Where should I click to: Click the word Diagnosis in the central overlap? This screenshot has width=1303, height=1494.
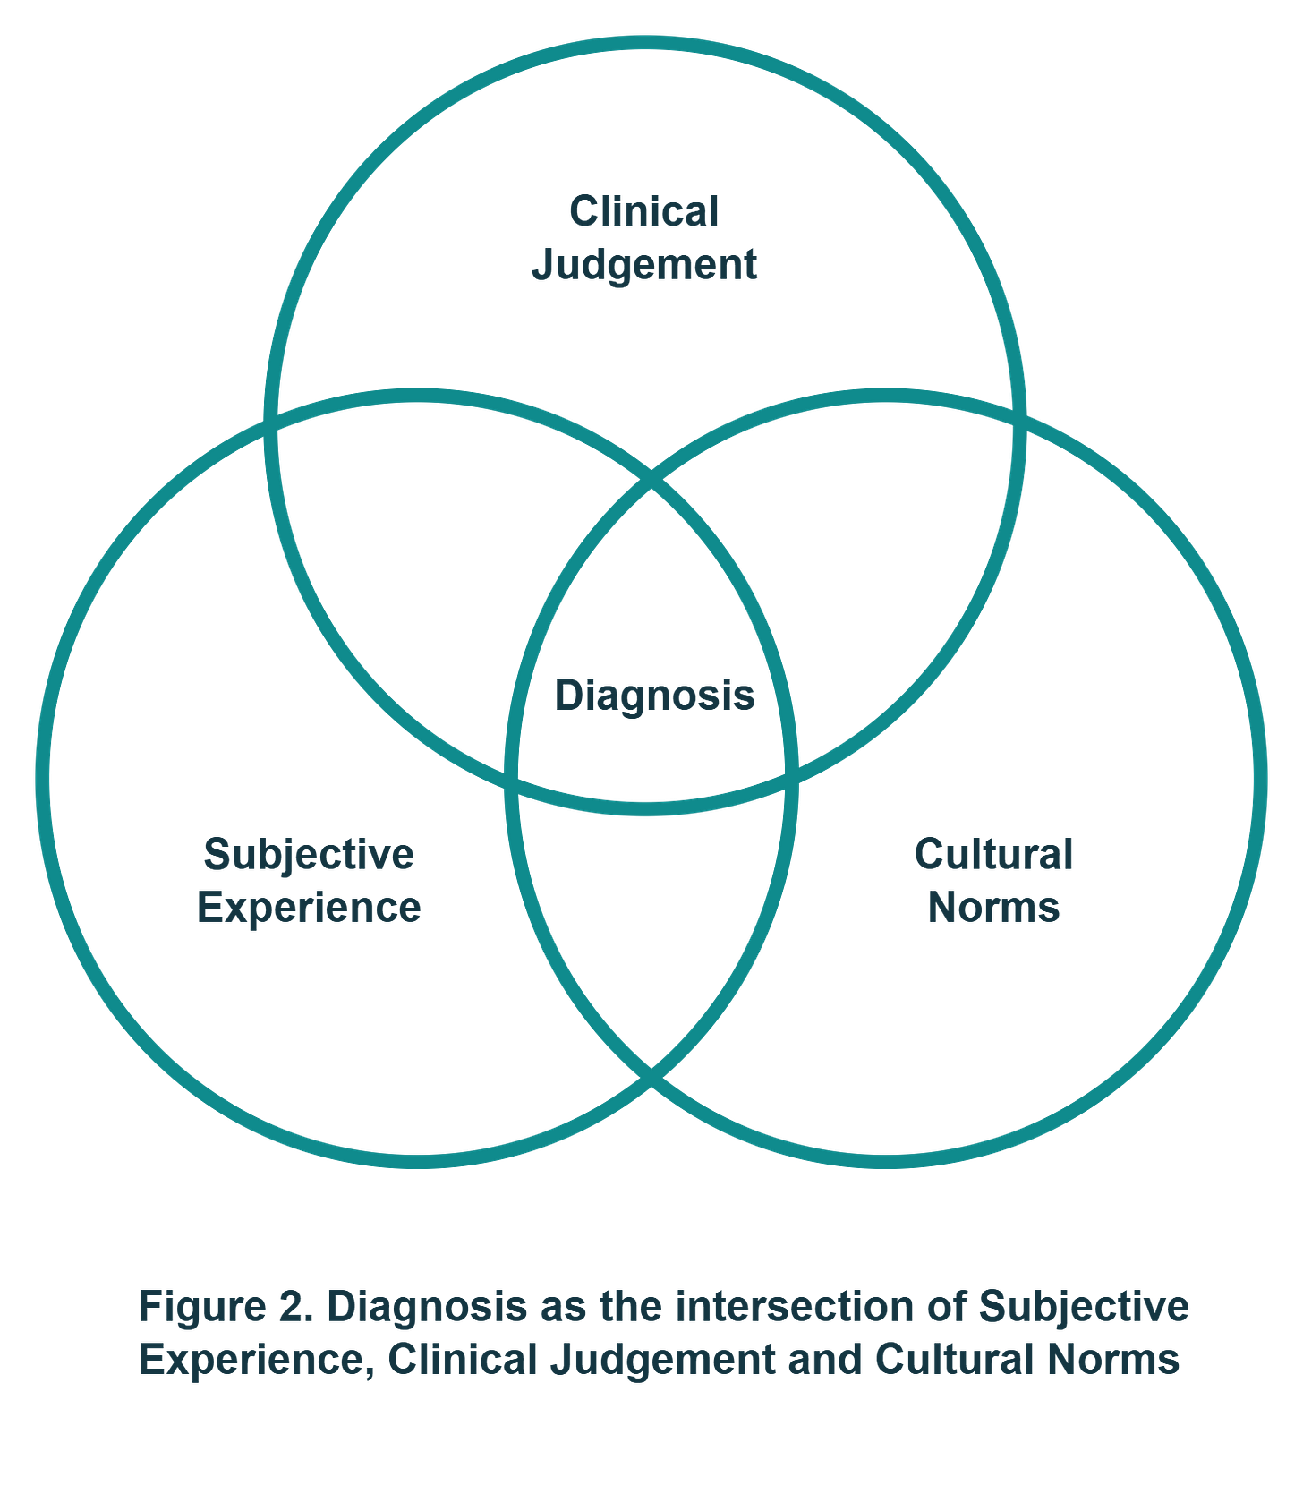[654, 696]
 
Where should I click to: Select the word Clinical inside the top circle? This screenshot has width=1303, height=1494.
[644, 212]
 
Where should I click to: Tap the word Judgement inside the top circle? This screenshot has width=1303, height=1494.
[644, 265]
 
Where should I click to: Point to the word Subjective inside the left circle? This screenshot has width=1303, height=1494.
[309, 855]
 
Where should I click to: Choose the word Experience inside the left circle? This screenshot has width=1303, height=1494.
[309, 908]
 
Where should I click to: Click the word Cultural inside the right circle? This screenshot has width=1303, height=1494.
[994, 855]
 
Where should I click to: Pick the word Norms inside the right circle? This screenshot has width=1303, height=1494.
[994, 908]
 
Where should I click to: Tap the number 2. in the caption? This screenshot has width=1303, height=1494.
[294, 1308]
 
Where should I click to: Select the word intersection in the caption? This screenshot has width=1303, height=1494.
[794, 1308]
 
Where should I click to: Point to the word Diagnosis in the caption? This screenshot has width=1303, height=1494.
[426, 1308]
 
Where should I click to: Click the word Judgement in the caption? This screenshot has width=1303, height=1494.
[662, 1360]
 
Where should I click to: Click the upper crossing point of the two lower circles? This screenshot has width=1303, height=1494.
[651, 486]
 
